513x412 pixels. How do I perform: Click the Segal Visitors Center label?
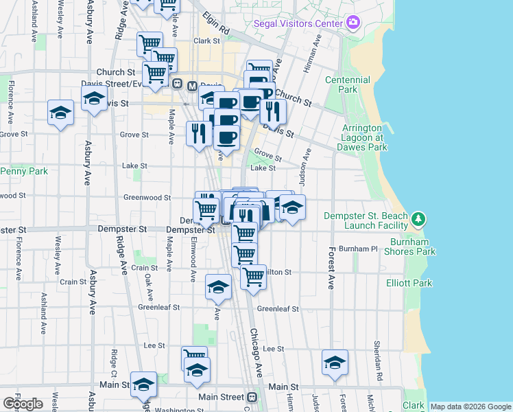click(x=298, y=23)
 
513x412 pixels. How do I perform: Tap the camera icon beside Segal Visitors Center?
click(x=353, y=23)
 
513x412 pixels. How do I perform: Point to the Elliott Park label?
click(x=409, y=282)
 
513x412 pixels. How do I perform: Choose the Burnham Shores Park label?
click(x=413, y=247)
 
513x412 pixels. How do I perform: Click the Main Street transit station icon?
click(x=252, y=397)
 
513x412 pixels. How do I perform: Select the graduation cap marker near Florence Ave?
click(x=60, y=113)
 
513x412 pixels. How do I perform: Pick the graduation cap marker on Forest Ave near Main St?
click(x=334, y=363)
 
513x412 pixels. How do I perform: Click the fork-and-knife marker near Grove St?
click(x=199, y=132)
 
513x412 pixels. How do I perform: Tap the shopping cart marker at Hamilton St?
click(x=253, y=277)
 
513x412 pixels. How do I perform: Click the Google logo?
click(x=23, y=403)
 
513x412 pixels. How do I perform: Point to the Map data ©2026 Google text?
click(x=470, y=407)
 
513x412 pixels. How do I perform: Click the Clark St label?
click(x=205, y=41)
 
